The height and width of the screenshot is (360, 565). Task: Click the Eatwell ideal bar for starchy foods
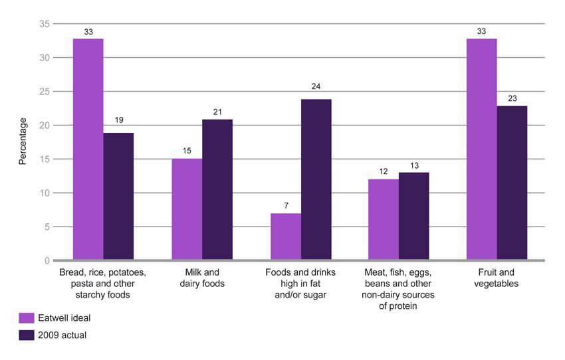click(x=88, y=149)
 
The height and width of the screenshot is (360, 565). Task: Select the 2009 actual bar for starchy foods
click(x=118, y=197)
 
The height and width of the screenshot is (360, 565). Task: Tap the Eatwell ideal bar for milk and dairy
click(x=187, y=209)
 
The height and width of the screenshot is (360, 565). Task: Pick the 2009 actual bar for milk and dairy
click(x=217, y=190)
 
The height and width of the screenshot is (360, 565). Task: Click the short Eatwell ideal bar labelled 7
click(x=286, y=236)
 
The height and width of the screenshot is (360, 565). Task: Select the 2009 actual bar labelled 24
click(x=316, y=179)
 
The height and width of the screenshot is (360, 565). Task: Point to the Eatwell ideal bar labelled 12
click(x=384, y=220)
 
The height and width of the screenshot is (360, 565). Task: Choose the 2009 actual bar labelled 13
click(x=413, y=217)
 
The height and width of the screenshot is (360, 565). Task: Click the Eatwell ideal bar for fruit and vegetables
click(x=482, y=149)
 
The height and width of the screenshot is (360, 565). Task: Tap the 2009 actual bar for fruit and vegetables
click(x=512, y=183)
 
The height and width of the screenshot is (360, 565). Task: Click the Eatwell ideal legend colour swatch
click(x=27, y=317)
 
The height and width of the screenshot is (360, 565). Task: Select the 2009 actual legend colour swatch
click(x=27, y=335)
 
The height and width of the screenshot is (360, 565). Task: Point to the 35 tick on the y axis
click(x=45, y=24)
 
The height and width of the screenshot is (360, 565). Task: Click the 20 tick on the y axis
click(x=45, y=126)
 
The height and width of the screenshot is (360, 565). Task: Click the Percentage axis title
click(x=23, y=141)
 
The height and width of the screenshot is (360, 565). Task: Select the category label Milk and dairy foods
click(x=202, y=278)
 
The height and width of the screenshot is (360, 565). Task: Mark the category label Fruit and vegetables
click(x=497, y=278)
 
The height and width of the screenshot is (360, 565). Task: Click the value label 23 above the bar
click(x=512, y=98)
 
